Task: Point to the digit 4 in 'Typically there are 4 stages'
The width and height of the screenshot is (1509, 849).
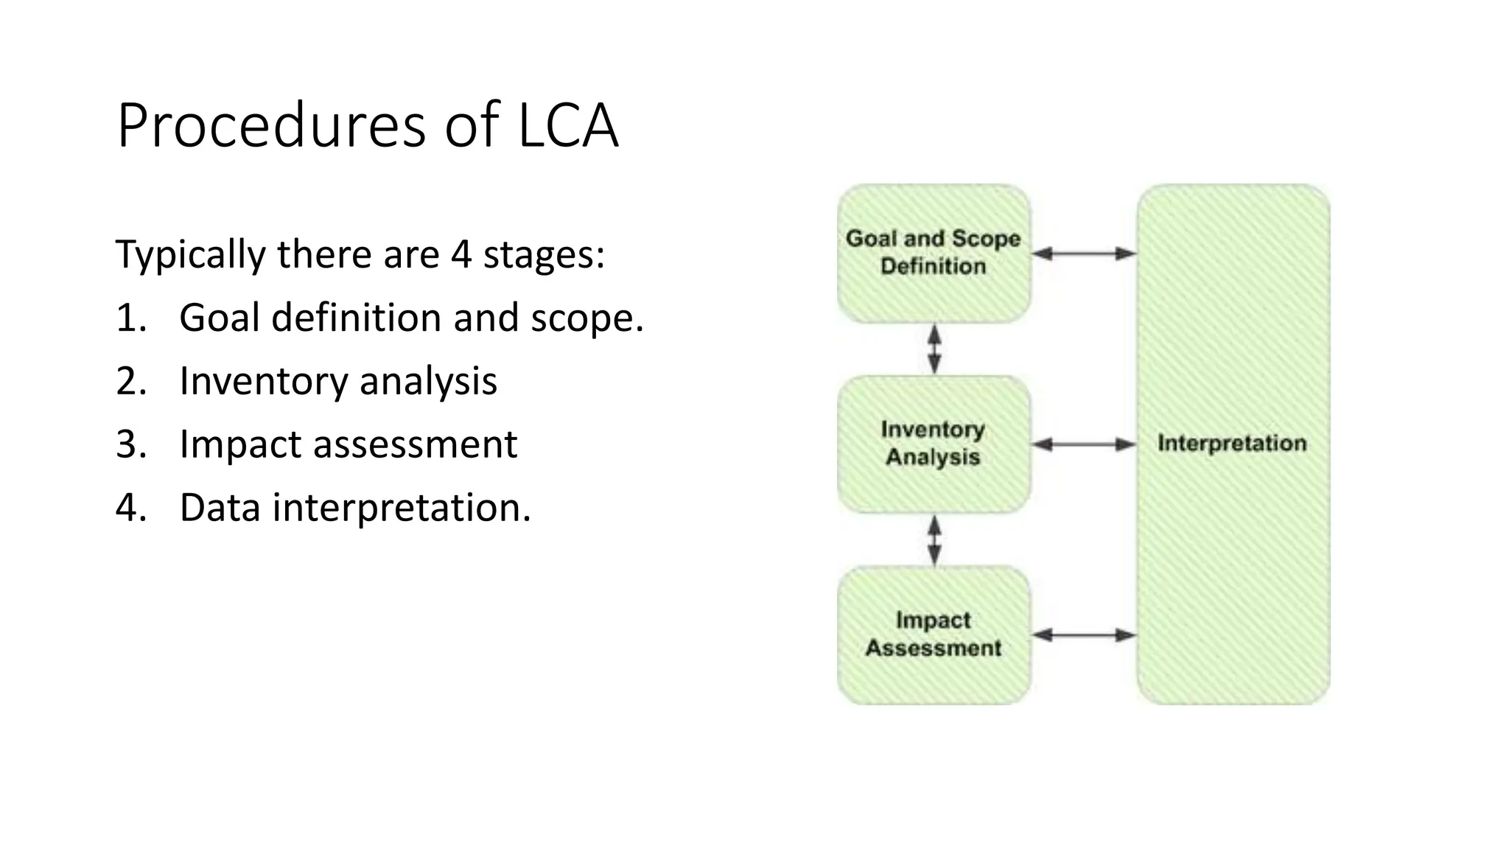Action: (461, 254)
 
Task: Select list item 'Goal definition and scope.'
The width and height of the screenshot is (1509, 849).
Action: (411, 318)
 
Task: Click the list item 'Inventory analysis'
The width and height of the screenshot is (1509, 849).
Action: (338, 382)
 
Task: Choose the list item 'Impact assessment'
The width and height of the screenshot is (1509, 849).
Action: (348, 445)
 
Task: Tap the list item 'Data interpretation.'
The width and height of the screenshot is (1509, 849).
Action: (355, 509)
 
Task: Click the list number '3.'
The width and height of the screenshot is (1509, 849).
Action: (131, 445)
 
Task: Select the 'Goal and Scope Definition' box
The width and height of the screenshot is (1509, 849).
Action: (934, 253)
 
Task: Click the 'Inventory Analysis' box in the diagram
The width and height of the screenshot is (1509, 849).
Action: (934, 444)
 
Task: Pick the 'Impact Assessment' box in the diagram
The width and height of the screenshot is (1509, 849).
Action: (934, 635)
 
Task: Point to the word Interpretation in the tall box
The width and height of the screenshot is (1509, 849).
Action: (1232, 444)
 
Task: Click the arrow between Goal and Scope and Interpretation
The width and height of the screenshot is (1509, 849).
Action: (1083, 254)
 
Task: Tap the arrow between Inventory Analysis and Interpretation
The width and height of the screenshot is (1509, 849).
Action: (1083, 444)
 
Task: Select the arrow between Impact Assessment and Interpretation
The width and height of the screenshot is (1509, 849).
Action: (1083, 635)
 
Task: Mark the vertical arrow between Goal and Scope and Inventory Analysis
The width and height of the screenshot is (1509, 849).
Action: (934, 349)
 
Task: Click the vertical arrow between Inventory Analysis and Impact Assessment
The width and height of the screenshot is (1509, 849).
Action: (934, 540)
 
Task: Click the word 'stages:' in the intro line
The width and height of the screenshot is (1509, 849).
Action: (544, 254)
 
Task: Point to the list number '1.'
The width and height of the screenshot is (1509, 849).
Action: (131, 318)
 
